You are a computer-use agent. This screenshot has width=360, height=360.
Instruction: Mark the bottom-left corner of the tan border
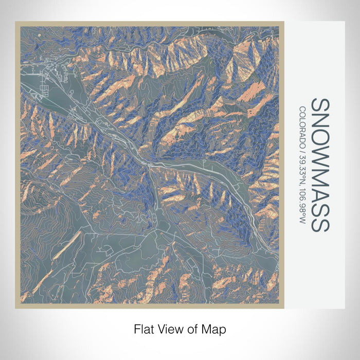(x=16, y=307)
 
